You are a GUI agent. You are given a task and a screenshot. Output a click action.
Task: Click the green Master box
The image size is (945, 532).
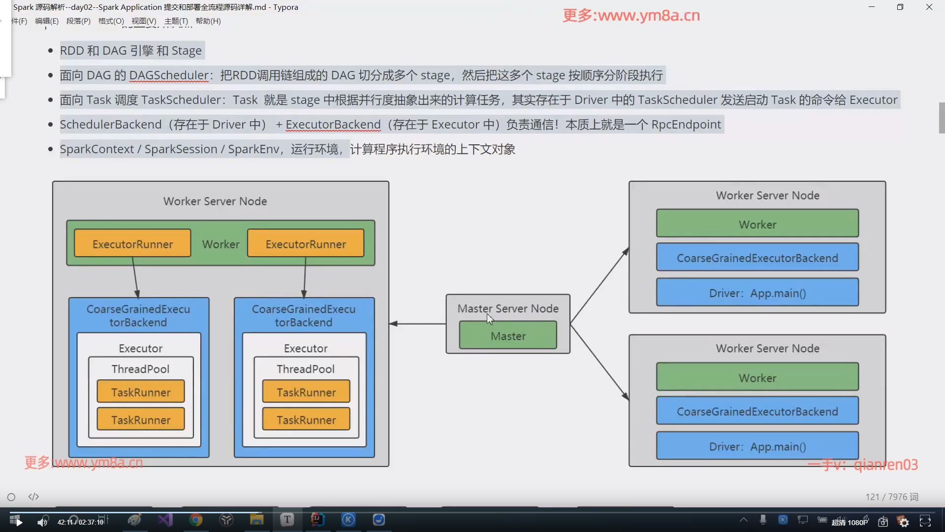[508, 336]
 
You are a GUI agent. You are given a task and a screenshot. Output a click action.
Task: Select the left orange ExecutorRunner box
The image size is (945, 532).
[132, 244]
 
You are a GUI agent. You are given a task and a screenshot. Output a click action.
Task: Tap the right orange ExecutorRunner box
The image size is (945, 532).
[306, 244]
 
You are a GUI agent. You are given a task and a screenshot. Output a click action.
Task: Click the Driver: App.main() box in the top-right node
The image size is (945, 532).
[757, 293]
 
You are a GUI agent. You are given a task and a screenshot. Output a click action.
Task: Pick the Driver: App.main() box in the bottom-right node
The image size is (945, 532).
[757, 446]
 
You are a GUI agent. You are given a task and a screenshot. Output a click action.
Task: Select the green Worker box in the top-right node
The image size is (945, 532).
[757, 224]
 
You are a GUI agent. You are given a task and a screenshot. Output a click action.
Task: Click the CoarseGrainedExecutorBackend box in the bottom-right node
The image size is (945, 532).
[757, 411]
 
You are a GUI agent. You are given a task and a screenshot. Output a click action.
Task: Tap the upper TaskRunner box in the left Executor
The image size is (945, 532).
[141, 392]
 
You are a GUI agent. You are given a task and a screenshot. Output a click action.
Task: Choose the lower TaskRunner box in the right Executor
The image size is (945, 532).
[306, 420]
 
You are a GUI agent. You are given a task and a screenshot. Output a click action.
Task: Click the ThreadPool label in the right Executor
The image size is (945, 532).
[306, 369]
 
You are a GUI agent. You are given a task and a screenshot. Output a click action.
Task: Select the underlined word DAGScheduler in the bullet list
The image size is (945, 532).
[169, 75]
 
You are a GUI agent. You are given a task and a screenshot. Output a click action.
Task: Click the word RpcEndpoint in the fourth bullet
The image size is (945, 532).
[686, 125]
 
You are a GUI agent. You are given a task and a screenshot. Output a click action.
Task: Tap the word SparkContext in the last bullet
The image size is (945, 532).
[97, 149]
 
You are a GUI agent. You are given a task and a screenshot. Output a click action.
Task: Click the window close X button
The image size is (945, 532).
[929, 7]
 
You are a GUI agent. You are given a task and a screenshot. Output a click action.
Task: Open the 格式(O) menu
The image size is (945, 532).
[111, 21]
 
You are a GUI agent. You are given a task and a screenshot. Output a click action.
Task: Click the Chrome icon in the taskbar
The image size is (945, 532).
[196, 520]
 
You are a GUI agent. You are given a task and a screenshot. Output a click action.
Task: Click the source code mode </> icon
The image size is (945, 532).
[33, 497]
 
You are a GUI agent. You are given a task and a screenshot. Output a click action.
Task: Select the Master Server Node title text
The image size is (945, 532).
[508, 308]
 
